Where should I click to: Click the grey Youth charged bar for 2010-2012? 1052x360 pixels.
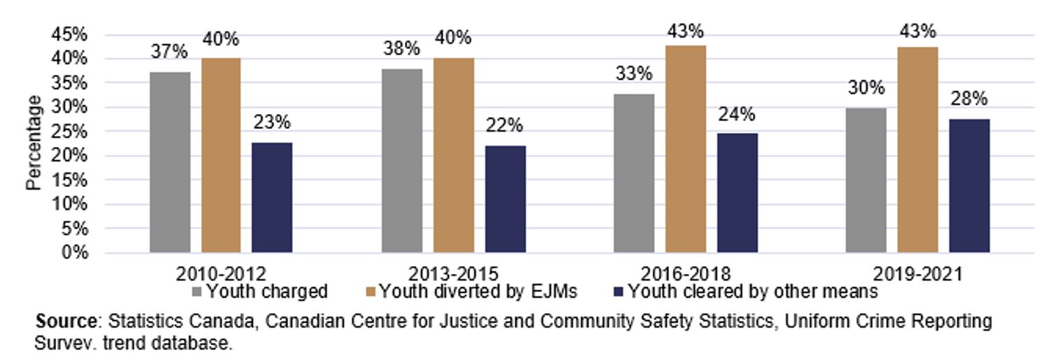coord(169,162)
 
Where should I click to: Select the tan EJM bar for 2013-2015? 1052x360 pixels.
coord(453,155)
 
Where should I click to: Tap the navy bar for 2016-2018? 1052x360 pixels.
coord(737,193)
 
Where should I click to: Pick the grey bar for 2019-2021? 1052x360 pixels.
coord(866,180)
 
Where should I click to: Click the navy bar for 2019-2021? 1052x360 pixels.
coord(969,186)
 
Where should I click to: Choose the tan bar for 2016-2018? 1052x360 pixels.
coord(685,148)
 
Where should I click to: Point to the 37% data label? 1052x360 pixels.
coord(169,52)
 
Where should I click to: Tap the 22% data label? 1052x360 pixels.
coord(505,125)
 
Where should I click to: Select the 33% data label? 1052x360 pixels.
coord(634,74)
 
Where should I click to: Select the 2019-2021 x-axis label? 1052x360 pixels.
coord(918,273)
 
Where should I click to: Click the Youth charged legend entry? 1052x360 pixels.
coord(260,291)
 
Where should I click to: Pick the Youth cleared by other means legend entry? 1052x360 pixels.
coord(745,291)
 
